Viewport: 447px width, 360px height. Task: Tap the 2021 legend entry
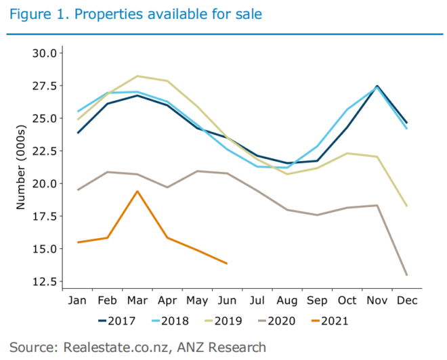pos(325,321)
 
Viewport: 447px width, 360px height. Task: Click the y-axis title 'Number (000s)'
pos(20,166)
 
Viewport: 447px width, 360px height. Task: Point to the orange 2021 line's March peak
pos(137,191)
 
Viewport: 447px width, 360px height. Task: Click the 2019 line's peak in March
pos(137,76)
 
